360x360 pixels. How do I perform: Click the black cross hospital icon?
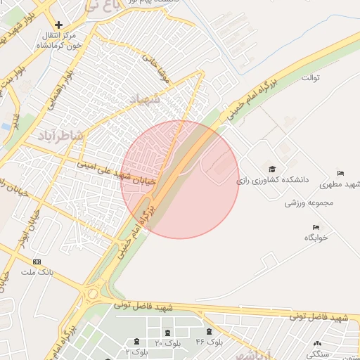[58, 25]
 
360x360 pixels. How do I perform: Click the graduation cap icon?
[272, 169]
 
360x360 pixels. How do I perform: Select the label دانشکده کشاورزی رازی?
[272, 180]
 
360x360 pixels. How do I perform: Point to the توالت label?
[309, 77]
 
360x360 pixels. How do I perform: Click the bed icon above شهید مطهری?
[341, 173]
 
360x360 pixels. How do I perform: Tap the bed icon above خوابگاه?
[316, 227]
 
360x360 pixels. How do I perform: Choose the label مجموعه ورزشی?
[307, 202]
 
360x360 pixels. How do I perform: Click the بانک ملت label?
[37, 271]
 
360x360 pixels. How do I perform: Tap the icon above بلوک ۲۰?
[167, 333]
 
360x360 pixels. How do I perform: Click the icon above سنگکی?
[314, 344]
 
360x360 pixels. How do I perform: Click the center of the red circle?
[180, 180]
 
